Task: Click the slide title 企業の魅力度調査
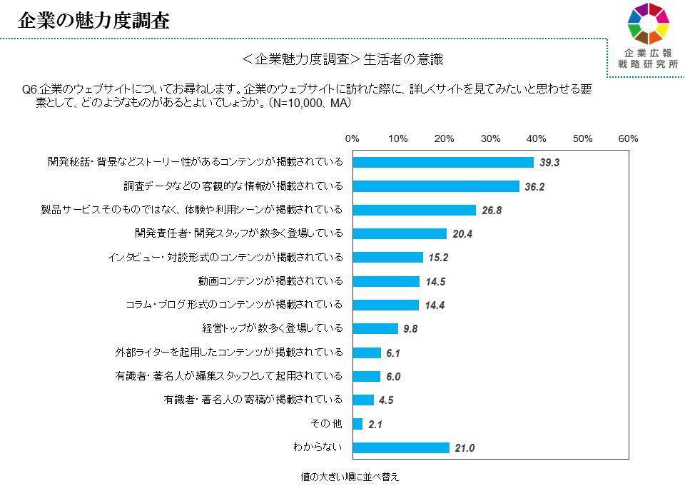tap(93, 21)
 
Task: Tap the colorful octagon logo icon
tap(647, 24)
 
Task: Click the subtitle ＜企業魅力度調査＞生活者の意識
tap(342, 60)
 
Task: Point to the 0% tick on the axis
tap(352, 138)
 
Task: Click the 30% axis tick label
tap(490, 138)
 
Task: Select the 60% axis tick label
tap(629, 138)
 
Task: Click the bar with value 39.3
tap(443, 162)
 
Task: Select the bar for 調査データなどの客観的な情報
tap(436, 186)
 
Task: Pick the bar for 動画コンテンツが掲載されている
tap(386, 281)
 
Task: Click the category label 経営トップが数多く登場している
tap(273, 328)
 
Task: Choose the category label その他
tap(327, 423)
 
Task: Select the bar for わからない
tap(401, 447)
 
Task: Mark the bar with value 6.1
tap(367, 353)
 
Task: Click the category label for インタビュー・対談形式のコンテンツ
tap(224, 257)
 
